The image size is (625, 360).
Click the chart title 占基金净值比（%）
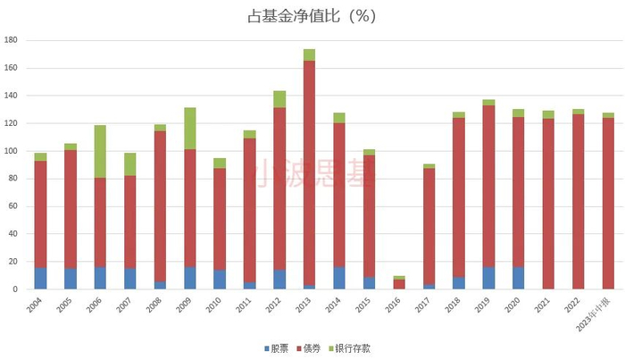point(312,17)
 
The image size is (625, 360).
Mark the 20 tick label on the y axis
point(12,262)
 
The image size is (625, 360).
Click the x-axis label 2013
point(304,304)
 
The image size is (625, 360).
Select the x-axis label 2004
point(35,304)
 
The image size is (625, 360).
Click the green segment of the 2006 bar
point(100,152)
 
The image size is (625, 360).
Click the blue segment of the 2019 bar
point(488,278)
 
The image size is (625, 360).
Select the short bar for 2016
point(399,283)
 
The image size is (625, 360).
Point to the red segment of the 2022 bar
point(579,201)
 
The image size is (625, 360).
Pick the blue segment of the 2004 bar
point(40,278)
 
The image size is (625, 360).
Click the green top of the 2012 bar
point(279,98)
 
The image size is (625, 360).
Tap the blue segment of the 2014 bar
point(339,278)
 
